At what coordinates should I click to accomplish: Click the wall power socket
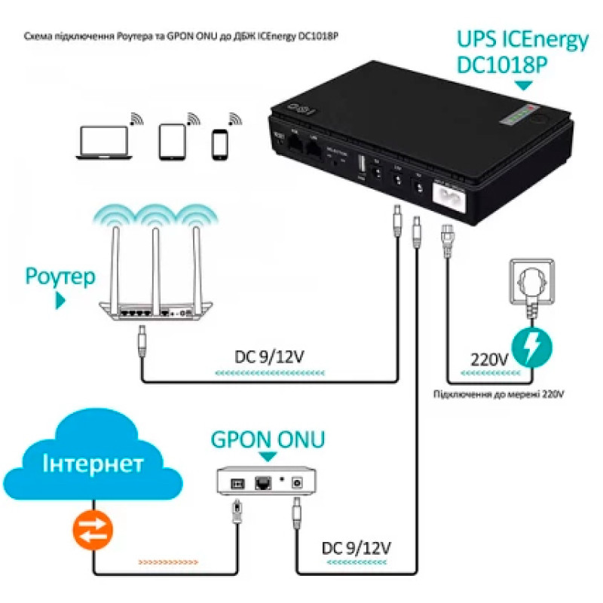tap(533, 278)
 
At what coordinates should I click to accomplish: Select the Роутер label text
tap(60, 277)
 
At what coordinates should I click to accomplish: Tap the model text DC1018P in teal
tap(503, 66)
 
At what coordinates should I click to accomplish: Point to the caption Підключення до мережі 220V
tap(498, 393)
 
